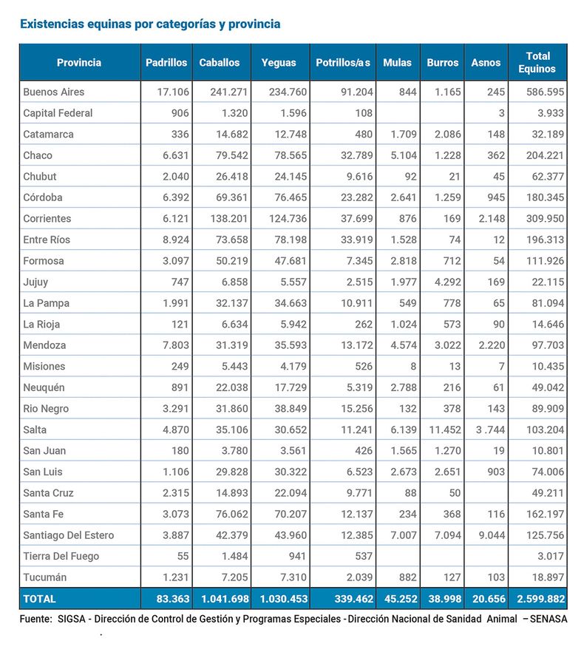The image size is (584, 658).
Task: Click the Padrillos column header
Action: click(166, 63)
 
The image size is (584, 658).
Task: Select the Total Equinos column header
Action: click(537, 62)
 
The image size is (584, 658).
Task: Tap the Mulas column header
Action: click(397, 63)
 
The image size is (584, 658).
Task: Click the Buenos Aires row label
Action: click(54, 92)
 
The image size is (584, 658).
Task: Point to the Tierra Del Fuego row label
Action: click(61, 556)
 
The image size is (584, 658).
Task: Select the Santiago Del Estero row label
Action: click(69, 535)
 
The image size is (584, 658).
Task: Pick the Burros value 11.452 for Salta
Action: click(444, 430)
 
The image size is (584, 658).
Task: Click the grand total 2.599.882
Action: click(539, 599)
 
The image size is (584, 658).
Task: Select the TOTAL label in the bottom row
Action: click(39, 599)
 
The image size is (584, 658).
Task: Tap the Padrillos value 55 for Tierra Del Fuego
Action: click(182, 556)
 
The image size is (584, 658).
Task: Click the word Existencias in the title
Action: click(52, 24)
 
